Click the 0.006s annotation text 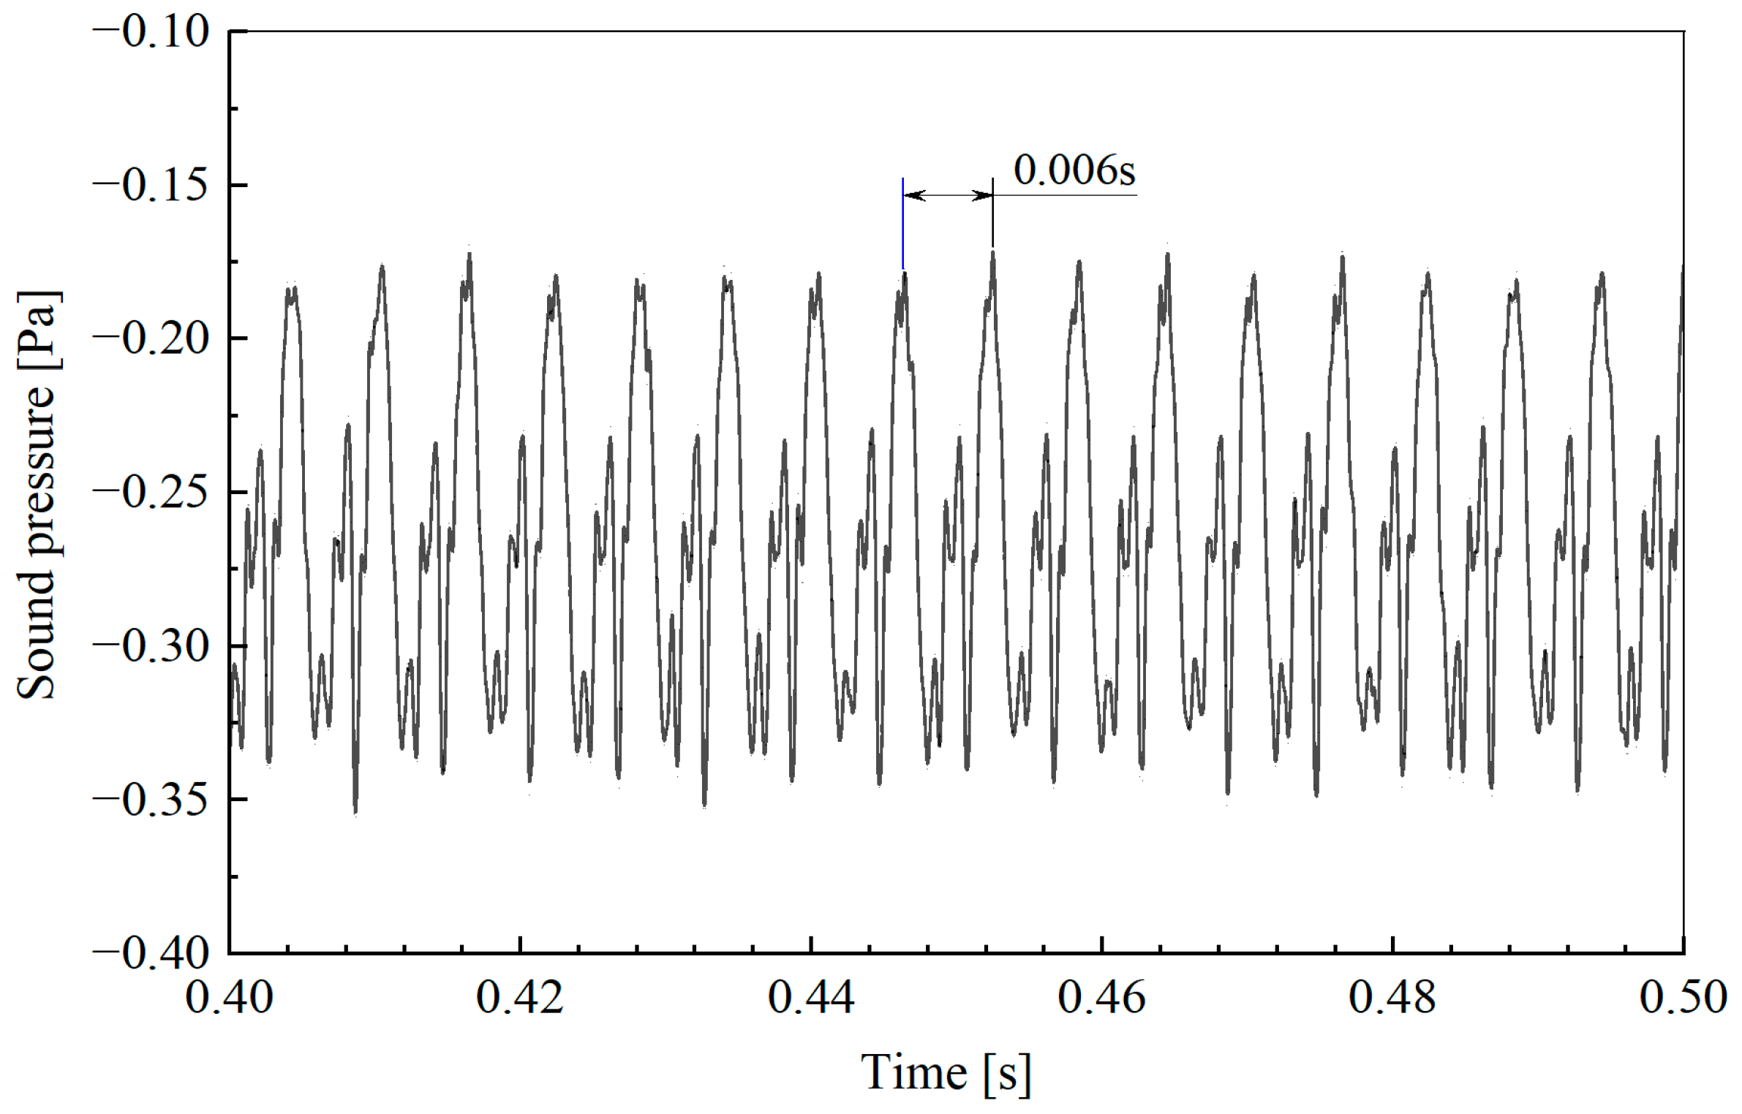pos(1074,170)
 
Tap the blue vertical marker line pos(903,223)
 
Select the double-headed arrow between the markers pos(948,195)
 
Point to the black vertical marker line pos(992,212)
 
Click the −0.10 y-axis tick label pos(152,32)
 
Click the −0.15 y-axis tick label pos(152,186)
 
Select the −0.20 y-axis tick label pos(152,339)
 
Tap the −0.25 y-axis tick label pos(152,493)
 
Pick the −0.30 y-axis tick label pos(152,646)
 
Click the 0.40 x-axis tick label pos(229,997)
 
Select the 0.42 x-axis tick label pos(520,997)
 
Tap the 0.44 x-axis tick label pos(811,997)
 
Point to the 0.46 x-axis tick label pos(1101,997)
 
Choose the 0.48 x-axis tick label pos(1392,997)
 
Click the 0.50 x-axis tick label pos(1683,997)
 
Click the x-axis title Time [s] pos(946,1072)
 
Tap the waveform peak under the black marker pos(992,254)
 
